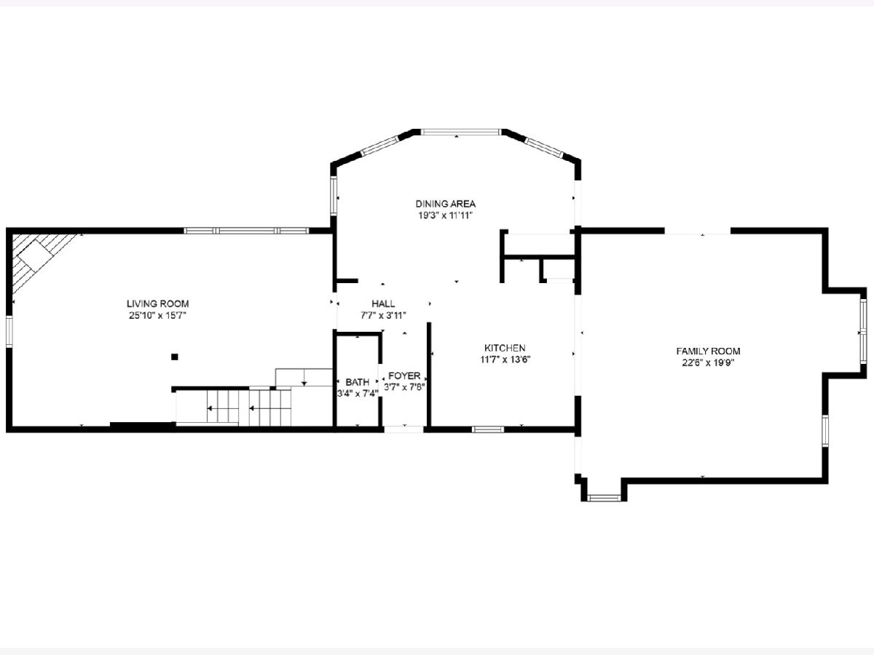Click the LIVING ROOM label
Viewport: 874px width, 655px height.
[157, 303]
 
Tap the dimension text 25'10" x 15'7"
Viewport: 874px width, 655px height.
[157, 316]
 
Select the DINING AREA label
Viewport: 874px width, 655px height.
[446, 204]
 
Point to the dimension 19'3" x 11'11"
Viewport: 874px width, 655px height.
[445, 216]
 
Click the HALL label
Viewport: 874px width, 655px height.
[383, 303]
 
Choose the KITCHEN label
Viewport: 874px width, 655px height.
[505, 348]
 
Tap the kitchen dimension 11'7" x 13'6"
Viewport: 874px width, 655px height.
[505, 360]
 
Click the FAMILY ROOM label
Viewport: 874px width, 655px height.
[709, 352]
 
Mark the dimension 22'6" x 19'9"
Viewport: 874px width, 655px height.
[709, 362]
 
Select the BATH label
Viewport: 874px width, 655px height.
[357, 382]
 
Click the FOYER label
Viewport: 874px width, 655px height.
[404, 376]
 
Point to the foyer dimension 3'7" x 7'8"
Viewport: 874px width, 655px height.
[404, 387]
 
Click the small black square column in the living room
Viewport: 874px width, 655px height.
[174, 357]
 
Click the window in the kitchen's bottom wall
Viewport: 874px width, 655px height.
[488, 429]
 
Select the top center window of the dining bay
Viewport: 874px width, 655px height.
[461, 132]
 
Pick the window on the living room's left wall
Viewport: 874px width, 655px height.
[9, 331]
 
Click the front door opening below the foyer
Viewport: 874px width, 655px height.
[403, 429]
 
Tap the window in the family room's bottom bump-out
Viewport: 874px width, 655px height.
[604, 498]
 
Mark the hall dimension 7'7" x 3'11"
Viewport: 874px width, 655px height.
[383, 316]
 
